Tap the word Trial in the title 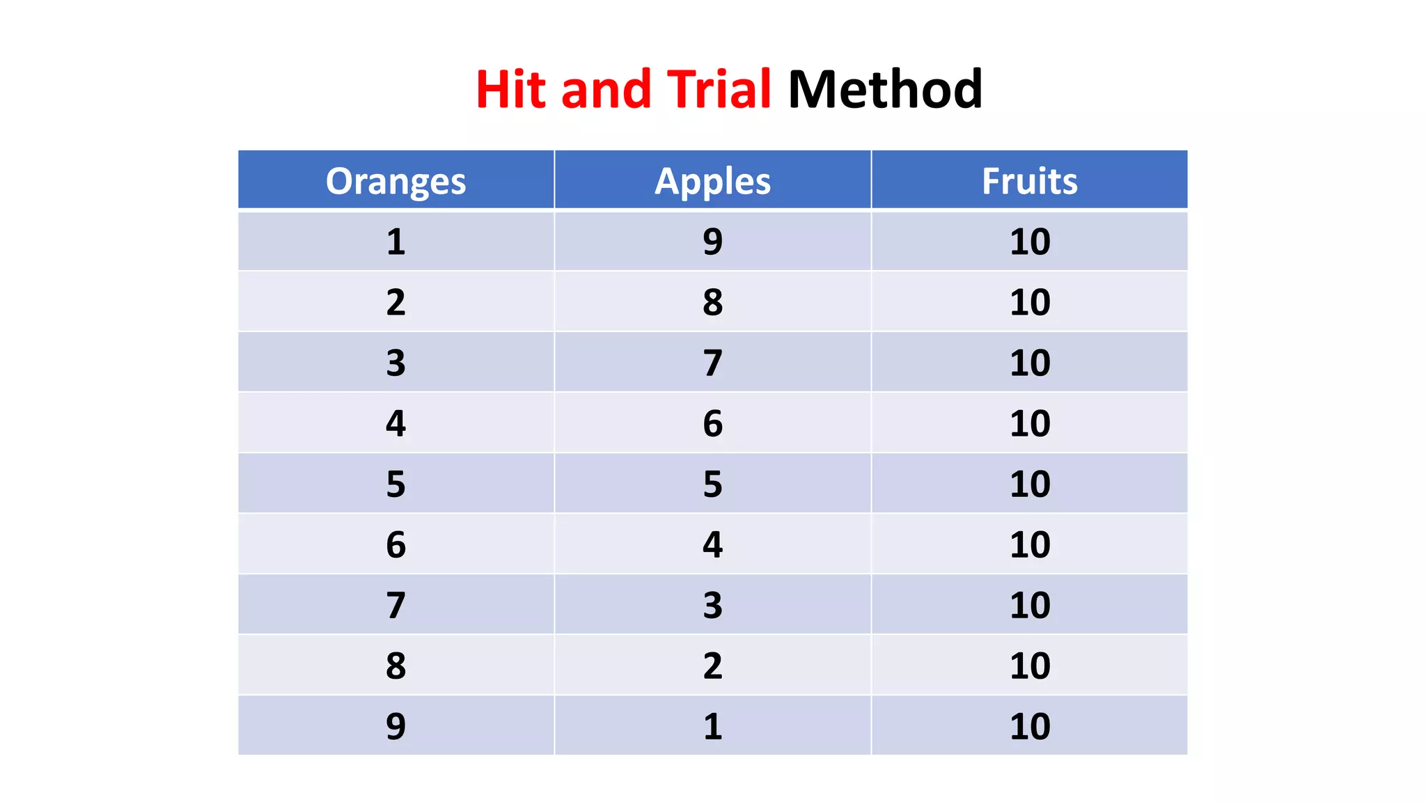coord(719,90)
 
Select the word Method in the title coord(884,90)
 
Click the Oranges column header coord(395,181)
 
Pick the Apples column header coord(712,181)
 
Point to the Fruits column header coord(1029,181)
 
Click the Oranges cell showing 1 coord(395,242)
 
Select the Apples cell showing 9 coord(712,242)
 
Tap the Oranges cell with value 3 coord(395,363)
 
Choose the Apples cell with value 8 coord(712,302)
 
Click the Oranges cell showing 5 coord(395,484)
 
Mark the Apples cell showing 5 coord(712,484)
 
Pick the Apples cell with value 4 coord(712,544)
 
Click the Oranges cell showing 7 coord(395,605)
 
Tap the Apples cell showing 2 coord(712,666)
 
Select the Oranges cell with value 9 coord(395,726)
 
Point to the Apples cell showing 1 coord(712,726)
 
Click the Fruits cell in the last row coord(1029,726)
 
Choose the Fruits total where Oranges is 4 coord(1029,423)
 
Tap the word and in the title coord(605,90)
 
